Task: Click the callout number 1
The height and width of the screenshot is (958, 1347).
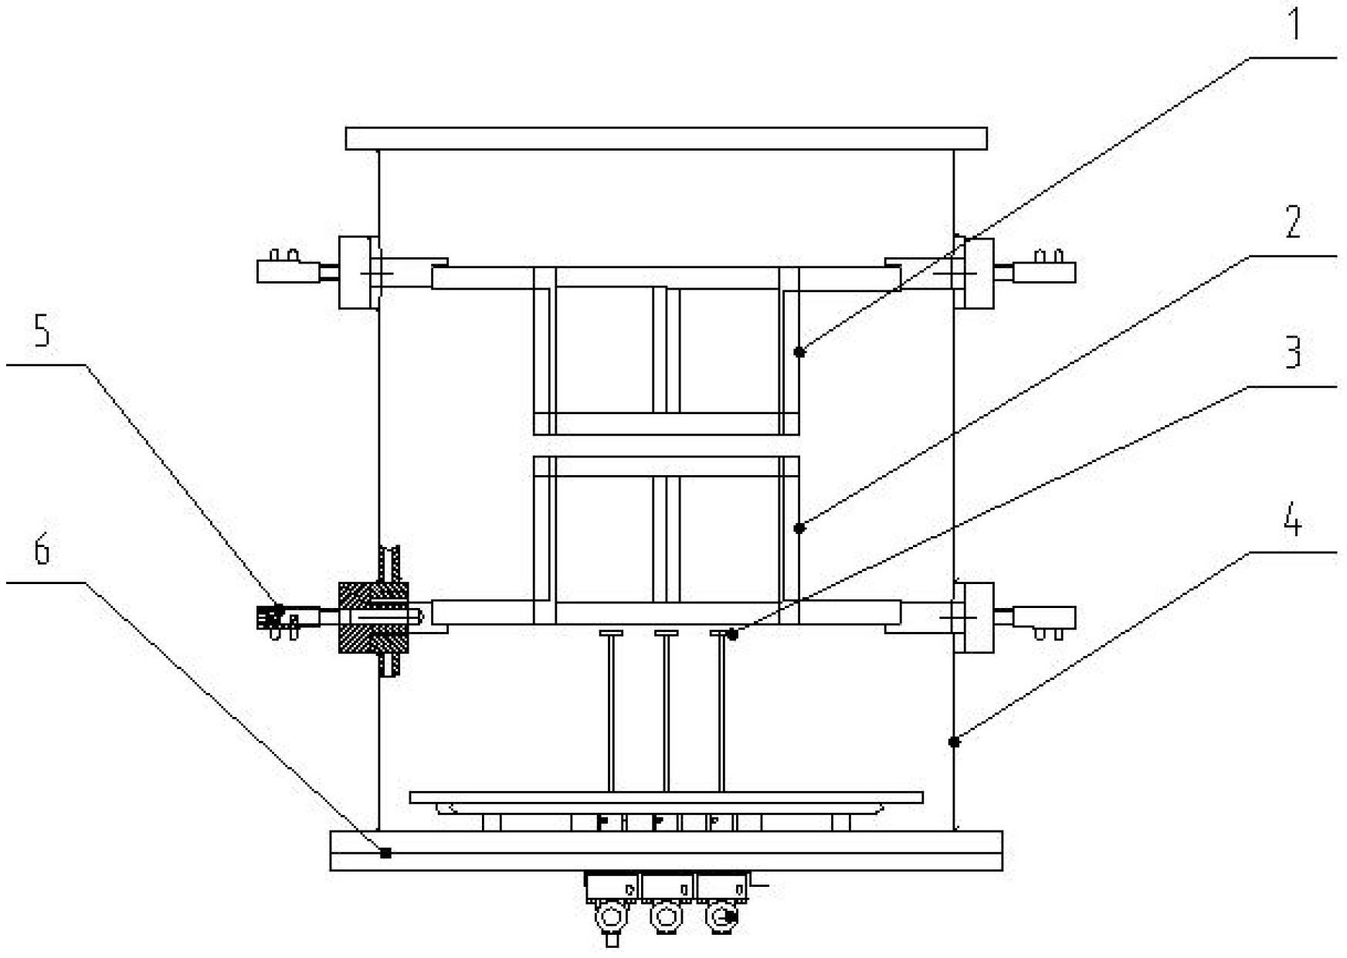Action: coord(1292,24)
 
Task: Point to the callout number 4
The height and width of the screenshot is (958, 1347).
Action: coord(1292,522)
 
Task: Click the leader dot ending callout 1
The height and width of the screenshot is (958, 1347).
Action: coord(800,352)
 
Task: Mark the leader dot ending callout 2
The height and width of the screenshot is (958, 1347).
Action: coord(800,528)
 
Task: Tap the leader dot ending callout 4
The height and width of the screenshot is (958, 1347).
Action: coord(955,742)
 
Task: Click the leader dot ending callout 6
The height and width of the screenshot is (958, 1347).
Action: coord(386,853)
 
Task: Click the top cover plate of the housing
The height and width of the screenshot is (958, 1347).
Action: coord(666,138)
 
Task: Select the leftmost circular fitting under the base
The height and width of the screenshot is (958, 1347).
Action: coord(611,919)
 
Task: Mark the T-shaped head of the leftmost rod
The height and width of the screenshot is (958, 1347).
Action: coord(611,634)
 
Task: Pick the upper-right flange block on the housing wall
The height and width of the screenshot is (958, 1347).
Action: coord(974,273)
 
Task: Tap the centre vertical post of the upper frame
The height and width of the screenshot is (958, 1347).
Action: coord(666,350)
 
